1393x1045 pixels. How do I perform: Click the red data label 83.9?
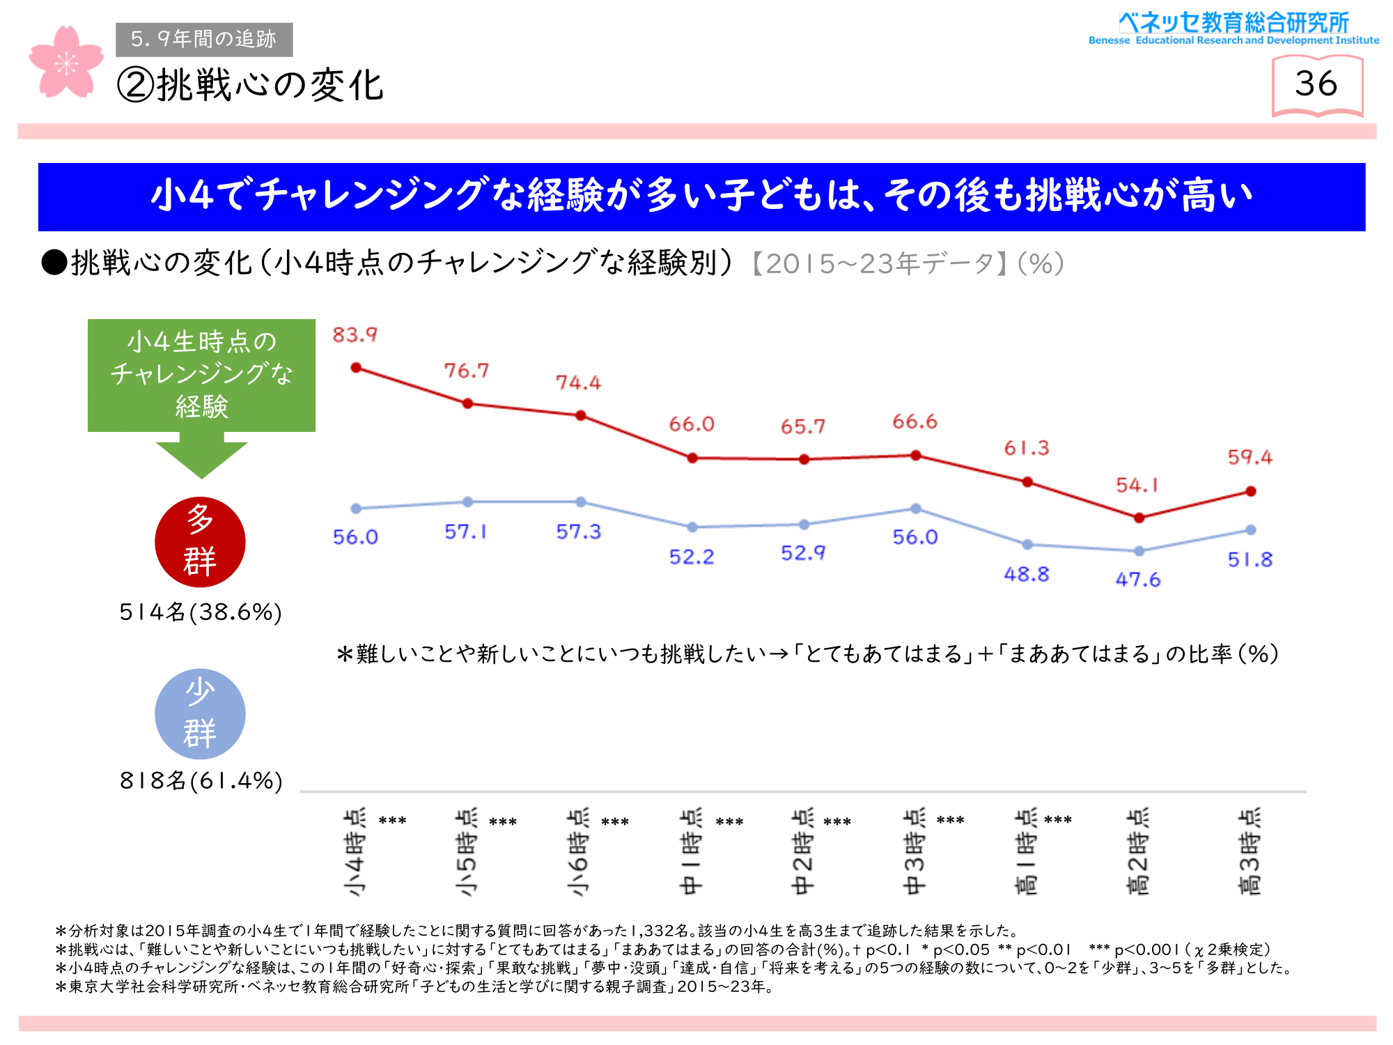coord(355,335)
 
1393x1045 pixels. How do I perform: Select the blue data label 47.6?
coord(1137,580)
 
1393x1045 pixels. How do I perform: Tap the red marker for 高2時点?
coord(1139,518)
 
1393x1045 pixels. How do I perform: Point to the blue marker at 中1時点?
coord(692,527)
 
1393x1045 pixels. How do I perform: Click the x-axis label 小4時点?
coord(355,851)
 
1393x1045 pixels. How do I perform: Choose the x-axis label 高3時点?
coord(1250,851)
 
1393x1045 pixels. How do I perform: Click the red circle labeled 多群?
coord(200,541)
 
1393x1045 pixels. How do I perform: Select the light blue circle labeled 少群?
coord(200,713)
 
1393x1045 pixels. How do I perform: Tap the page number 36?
coord(1316,84)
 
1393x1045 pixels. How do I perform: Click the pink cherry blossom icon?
coord(65,63)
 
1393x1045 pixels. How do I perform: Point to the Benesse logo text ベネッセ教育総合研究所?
coord(1234,23)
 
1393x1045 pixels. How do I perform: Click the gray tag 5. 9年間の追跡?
coord(204,39)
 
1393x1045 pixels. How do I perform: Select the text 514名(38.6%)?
coord(201,612)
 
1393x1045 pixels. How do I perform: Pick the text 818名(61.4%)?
coord(201,780)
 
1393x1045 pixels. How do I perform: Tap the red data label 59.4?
coord(1250,457)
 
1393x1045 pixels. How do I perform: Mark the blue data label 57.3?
coord(578,532)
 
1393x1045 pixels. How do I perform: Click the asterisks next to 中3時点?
coord(950,821)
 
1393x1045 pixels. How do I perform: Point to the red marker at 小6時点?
coord(581,416)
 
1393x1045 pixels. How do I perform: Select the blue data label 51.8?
coord(1250,559)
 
